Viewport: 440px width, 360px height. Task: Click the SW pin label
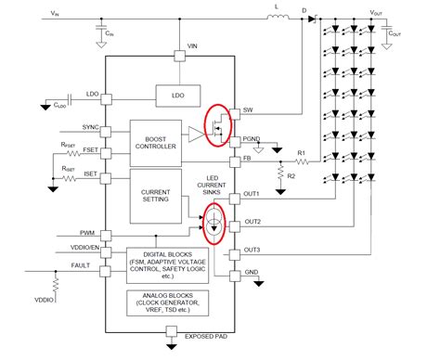pos(247,111)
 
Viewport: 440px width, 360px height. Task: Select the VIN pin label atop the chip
pos(191,45)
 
